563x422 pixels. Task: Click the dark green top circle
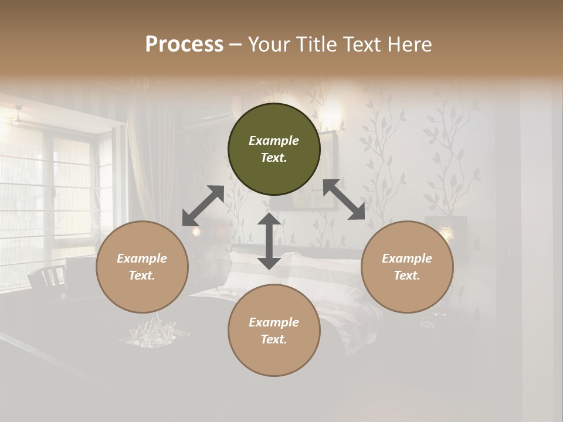[x=274, y=149]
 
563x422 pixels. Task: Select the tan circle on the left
[x=142, y=267]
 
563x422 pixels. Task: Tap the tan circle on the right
[x=407, y=267]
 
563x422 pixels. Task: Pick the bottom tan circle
[x=274, y=331]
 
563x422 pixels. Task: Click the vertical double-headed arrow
[x=269, y=241]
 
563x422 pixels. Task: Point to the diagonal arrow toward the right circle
[x=344, y=199]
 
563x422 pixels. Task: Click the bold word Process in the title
[x=184, y=45]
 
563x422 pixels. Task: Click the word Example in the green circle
[x=274, y=141]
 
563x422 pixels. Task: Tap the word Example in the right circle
[x=407, y=258]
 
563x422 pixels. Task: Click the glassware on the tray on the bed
[x=154, y=332]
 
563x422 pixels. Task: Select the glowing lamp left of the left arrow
[x=196, y=232]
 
